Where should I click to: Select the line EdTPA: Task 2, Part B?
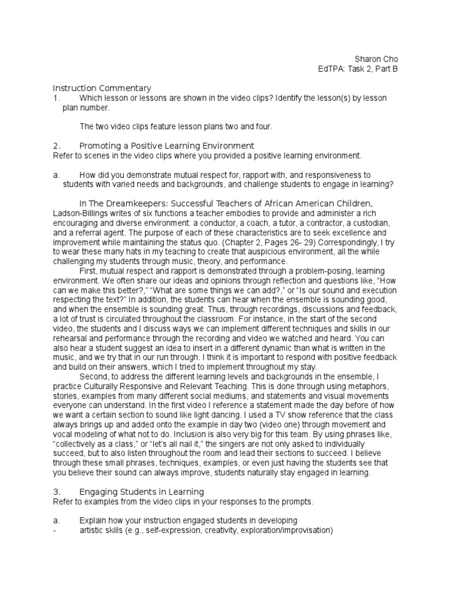pyautogui.click(x=358, y=69)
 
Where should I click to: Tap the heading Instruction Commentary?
pyautogui.click(x=102, y=87)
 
